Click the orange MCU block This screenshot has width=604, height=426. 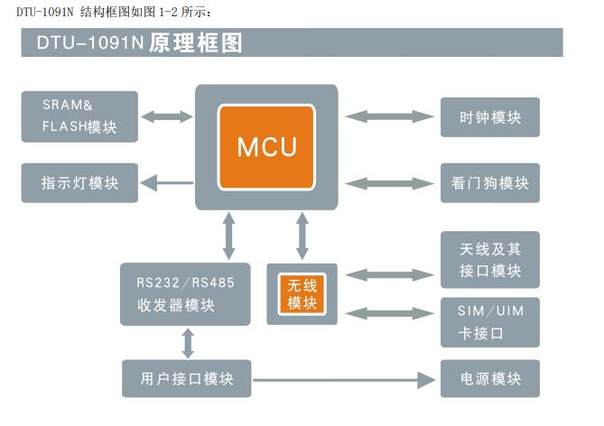point(266,146)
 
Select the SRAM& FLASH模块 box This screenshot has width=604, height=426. point(81,116)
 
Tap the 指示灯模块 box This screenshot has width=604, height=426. point(81,183)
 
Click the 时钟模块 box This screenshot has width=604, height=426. point(490,117)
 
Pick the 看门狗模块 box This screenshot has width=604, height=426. point(490,183)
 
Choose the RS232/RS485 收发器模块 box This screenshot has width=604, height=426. point(186,294)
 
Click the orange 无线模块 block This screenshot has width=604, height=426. point(302,294)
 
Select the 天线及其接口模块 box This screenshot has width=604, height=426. point(490,260)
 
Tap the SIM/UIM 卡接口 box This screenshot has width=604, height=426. point(490,322)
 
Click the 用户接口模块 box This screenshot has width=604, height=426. point(186,378)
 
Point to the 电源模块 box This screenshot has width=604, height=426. point(490,378)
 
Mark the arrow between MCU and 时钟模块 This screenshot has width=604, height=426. point(389,116)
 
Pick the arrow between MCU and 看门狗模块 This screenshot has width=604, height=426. point(389,183)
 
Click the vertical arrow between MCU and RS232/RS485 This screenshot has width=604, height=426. point(229,237)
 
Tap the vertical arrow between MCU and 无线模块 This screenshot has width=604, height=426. point(302,237)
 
